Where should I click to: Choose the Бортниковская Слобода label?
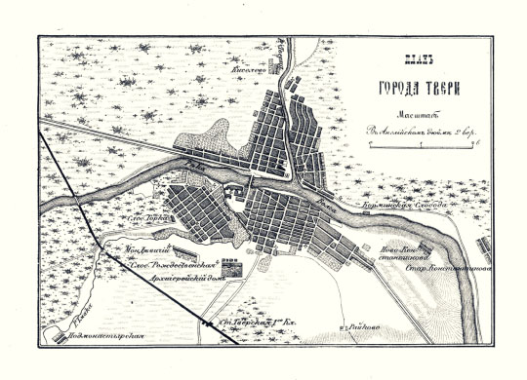coord(404,208)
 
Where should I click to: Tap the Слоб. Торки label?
coord(139,220)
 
